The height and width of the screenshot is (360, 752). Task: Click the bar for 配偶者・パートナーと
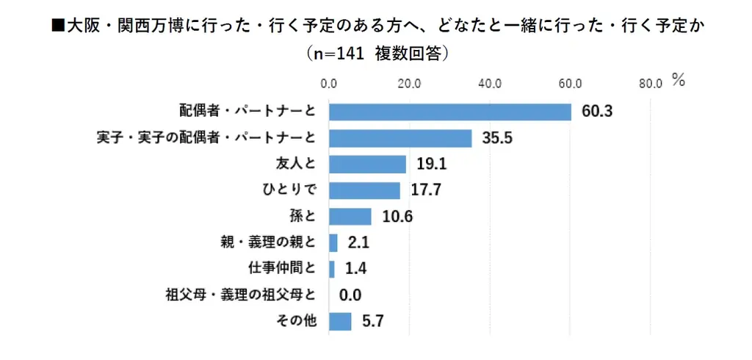pyautogui.click(x=449, y=112)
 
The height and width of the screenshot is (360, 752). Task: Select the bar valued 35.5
pyautogui.click(x=400, y=138)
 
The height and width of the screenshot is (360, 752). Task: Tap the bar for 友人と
pyautogui.click(x=367, y=164)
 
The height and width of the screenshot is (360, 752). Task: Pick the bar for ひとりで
pyautogui.click(x=364, y=190)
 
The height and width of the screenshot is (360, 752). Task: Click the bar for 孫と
pyautogui.click(x=350, y=217)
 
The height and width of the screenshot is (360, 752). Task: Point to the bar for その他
pyautogui.click(x=340, y=321)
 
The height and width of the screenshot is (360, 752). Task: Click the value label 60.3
pyautogui.click(x=596, y=112)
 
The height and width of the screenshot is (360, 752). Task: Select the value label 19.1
pyautogui.click(x=430, y=164)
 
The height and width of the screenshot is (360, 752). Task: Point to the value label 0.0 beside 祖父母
pyautogui.click(x=351, y=295)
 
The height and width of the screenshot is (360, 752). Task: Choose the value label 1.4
pyautogui.click(x=355, y=269)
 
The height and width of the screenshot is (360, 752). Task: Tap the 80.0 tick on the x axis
pyautogui.click(x=650, y=83)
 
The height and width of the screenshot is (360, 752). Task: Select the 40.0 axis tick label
pyautogui.click(x=489, y=83)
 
